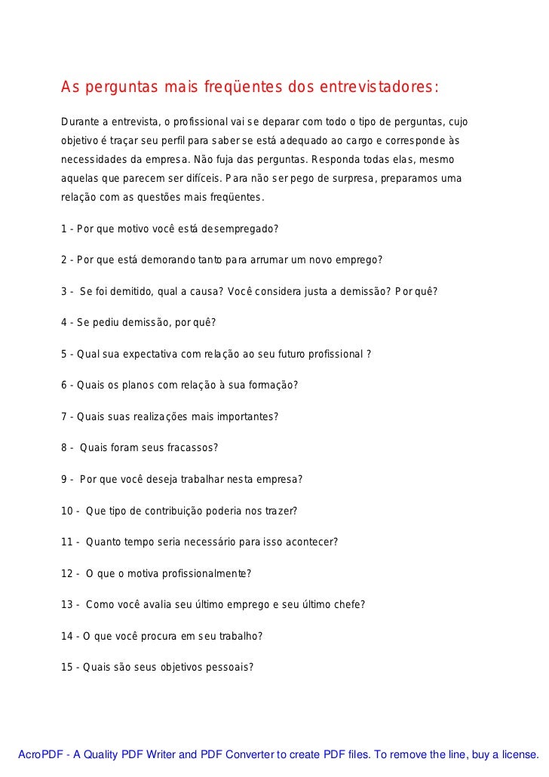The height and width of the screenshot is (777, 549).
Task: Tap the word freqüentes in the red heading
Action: coord(241,88)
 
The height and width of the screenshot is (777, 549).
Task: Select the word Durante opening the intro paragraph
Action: coord(83,122)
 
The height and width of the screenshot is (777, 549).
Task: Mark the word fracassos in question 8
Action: coord(194,447)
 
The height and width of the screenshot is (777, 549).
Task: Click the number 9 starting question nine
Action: coord(64,479)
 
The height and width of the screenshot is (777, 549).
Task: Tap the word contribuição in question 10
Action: coord(183,511)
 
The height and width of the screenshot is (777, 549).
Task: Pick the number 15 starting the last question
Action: coord(66,667)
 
